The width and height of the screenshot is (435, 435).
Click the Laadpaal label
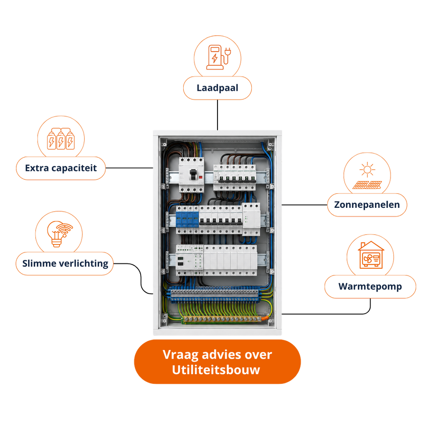point(217,88)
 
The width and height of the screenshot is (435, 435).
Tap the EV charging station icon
point(218,57)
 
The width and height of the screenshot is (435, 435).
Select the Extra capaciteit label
point(61,168)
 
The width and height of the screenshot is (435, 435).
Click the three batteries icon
point(61,139)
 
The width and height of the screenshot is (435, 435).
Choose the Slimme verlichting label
point(65,263)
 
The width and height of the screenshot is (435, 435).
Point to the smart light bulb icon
point(59,233)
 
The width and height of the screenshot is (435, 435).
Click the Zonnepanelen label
point(367,205)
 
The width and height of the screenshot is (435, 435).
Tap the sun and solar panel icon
point(367,175)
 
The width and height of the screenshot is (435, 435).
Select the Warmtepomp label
point(370,287)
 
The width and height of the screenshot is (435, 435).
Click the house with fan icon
point(371,255)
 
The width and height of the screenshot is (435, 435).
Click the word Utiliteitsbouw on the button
point(216,370)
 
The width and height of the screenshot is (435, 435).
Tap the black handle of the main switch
point(193,175)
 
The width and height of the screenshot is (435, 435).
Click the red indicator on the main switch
point(201,177)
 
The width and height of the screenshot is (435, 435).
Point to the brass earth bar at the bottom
point(222,319)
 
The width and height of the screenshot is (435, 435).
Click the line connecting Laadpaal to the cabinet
point(217,115)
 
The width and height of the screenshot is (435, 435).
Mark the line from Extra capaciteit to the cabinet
point(129,168)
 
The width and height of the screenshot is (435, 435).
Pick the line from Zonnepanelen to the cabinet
point(304,205)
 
